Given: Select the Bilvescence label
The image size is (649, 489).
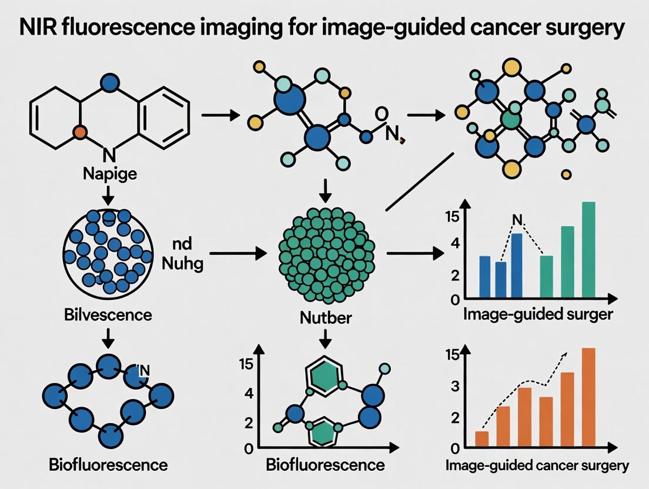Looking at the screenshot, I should click(107, 314).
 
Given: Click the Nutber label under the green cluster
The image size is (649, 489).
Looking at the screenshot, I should click(325, 318).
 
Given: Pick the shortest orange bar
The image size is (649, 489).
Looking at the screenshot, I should click(481, 438).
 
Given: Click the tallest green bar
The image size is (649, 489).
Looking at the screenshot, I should click(588, 250).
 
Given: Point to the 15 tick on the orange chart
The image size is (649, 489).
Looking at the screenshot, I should click(453, 354).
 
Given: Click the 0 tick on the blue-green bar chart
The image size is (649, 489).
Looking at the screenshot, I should click(454, 300).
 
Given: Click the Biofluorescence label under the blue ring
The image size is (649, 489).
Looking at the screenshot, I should click(108, 465).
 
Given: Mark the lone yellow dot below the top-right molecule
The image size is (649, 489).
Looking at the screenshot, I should click(566, 174).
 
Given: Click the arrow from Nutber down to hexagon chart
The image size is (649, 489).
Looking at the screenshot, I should click(325, 339).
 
